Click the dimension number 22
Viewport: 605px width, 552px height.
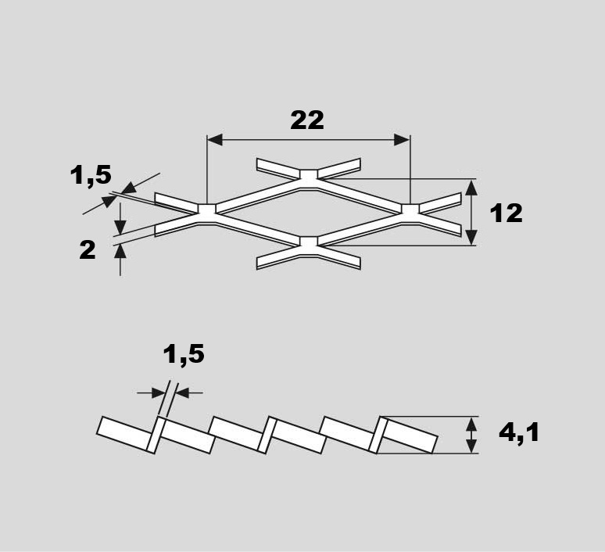point(307,120)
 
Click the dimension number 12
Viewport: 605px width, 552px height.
point(507,213)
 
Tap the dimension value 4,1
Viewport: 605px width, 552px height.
point(519,432)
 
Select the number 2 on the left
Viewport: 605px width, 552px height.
point(88,249)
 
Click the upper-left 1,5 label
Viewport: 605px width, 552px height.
point(91,175)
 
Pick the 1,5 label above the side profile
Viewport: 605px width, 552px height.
point(184,354)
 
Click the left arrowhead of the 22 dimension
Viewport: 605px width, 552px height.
point(214,140)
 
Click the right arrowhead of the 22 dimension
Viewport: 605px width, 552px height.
point(402,140)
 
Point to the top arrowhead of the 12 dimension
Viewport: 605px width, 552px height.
point(471,188)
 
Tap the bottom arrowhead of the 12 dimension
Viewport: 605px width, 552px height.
point(471,237)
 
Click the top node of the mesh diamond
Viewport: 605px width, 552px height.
point(309,176)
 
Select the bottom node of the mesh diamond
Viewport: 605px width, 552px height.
point(309,242)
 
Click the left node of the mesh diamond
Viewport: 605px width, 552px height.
point(207,210)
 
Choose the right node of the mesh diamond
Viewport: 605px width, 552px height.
point(410,210)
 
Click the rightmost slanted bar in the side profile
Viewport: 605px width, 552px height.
point(409,435)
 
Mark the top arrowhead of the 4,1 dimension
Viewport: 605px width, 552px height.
point(471,425)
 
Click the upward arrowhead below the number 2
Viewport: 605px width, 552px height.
point(120,252)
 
